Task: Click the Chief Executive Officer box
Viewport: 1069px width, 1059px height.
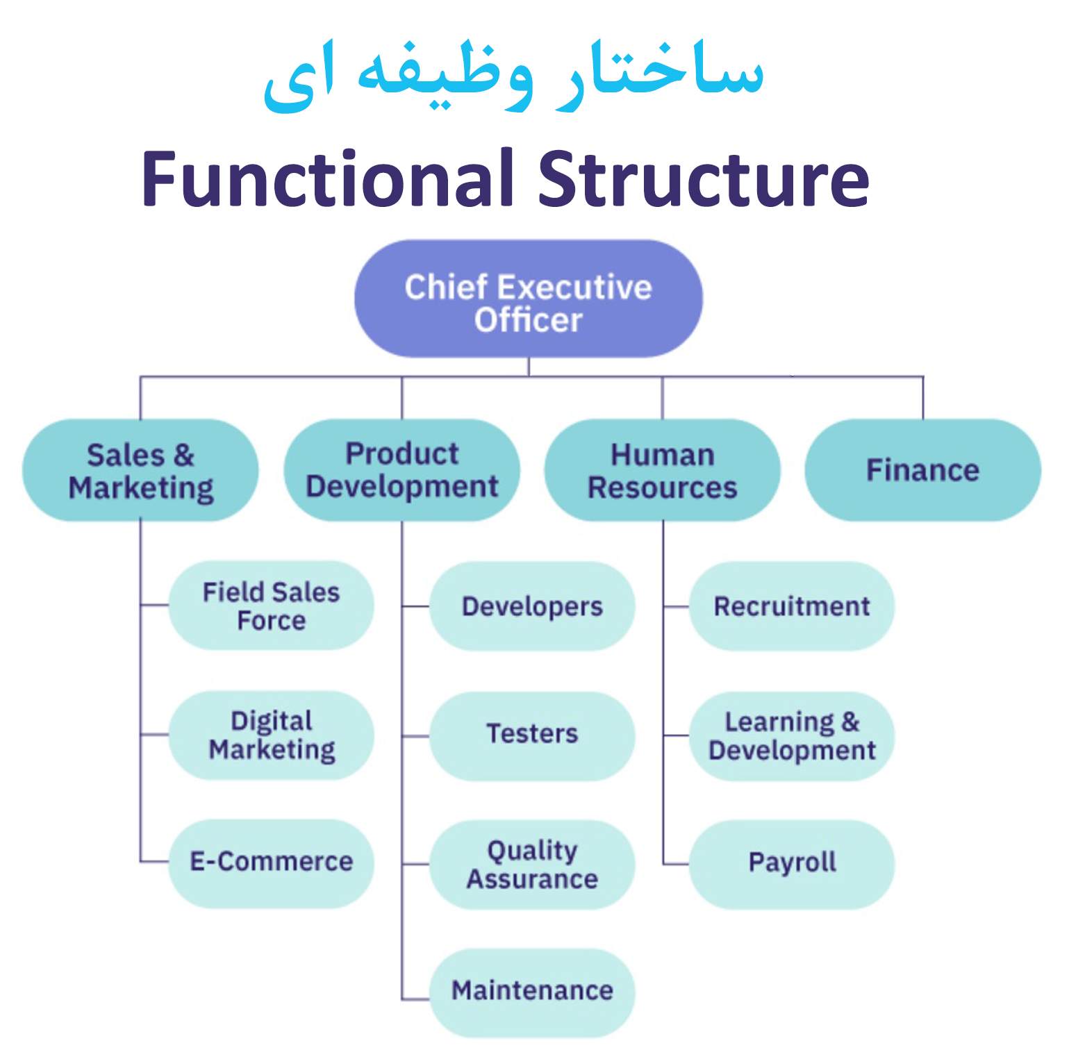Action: pyautogui.click(x=529, y=299)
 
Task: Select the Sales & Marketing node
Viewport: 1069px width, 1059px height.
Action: pyautogui.click(x=140, y=470)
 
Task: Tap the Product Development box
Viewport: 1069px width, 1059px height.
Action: pyautogui.click(x=402, y=470)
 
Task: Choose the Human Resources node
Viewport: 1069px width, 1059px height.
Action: pyautogui.click(x=663, y=470)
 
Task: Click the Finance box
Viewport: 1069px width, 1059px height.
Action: pyautogui.click(x=923, y=470)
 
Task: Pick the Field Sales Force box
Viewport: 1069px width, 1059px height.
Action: pyautogui.click(x=272, y=606)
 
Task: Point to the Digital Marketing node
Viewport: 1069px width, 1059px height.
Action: pyautogui.click(x=272, y=735)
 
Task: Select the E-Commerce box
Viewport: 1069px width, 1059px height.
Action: pyautogui.click(x=272, y=863)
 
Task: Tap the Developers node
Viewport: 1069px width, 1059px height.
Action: pyautogui.click(x=532, y=606)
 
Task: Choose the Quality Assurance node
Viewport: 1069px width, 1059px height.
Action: pyautogui.click(x=532, y=865)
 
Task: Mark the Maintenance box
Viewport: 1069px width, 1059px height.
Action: pyautogui.click(x=532, y=993)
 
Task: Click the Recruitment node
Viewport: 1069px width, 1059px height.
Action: pyautogui.click(x=792, y=606)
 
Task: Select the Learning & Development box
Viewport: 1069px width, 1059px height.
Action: pyautogui.click(x=792, y=736)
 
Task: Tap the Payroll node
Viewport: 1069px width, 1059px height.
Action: pyautogui.click(x=792, y=865)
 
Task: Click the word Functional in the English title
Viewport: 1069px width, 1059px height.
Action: pyautogui.click(x=328, y=178)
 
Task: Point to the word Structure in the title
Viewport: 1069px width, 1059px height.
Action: pyautogui.click(x=704, y=178)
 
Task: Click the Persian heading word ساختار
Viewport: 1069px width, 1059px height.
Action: pyautogui.click(x=661, y=73)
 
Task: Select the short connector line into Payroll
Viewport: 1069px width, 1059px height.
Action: pyautogui.click(x=676, y=865)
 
